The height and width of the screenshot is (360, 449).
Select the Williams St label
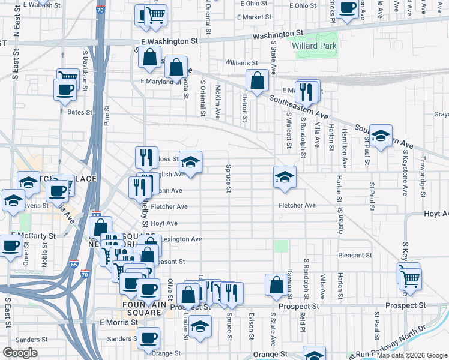(x=241, y=62)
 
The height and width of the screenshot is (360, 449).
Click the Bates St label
(x=80, y=112)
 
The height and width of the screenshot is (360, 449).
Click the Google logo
(x=20, y=353)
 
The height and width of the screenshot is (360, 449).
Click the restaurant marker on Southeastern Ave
(x=306, y=91)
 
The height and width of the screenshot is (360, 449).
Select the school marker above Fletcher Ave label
(x=285, y=176)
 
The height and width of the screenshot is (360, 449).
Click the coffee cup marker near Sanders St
(x=148, y=338)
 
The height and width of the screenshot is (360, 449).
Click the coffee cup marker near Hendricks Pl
(x=346, y=8)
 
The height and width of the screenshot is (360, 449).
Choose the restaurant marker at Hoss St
(x=146, y=157)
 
